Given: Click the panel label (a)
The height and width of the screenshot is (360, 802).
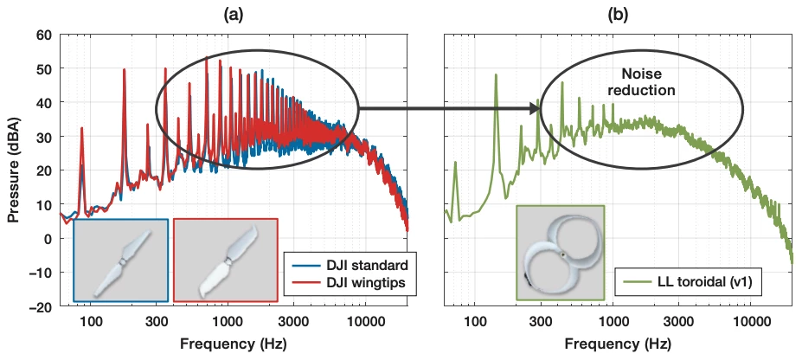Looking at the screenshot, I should click(233, 14).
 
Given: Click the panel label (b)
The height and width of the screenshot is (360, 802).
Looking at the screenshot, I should click(619, 14).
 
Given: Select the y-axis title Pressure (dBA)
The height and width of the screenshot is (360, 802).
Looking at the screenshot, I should click(14, 170).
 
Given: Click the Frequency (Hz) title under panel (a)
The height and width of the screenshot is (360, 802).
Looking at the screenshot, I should click(233, 344).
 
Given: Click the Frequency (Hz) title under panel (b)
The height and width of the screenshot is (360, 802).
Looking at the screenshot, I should click(619, 344).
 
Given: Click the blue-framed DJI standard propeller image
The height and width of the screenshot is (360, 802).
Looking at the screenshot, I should click(120, 259).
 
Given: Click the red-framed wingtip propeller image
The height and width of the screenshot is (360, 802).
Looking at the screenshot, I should click(225, 259).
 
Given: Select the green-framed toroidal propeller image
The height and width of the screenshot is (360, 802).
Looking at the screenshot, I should click(559, 252).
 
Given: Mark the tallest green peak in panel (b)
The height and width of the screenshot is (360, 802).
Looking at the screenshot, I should click(496, 75).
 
